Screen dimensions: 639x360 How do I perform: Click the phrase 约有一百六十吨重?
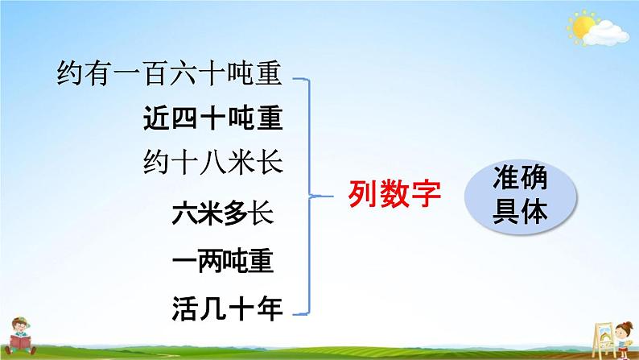pos(169,73)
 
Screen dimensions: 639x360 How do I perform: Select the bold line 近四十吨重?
pos(212,118)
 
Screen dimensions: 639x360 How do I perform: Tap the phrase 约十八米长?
pos(212,162)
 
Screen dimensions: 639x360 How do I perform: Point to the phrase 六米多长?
pos(222,213)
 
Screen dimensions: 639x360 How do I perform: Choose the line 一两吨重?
pos(222,261)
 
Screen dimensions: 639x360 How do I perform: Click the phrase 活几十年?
pos(227,308)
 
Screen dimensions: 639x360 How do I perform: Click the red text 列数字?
pos(394,194)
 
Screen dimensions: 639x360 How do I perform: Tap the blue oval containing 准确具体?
pos(521,197)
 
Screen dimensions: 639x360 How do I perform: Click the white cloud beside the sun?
pos(606,33)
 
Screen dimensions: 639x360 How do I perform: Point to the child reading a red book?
pos(19,336)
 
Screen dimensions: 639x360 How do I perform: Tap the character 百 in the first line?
pos(156,73)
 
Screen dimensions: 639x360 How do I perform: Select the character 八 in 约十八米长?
pos(212,163)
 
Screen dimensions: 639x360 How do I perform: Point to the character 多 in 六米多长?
pos(235,213)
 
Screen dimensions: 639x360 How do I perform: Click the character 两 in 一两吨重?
pos(210,261)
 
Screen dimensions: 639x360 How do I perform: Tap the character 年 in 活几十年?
pos(270,308)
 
